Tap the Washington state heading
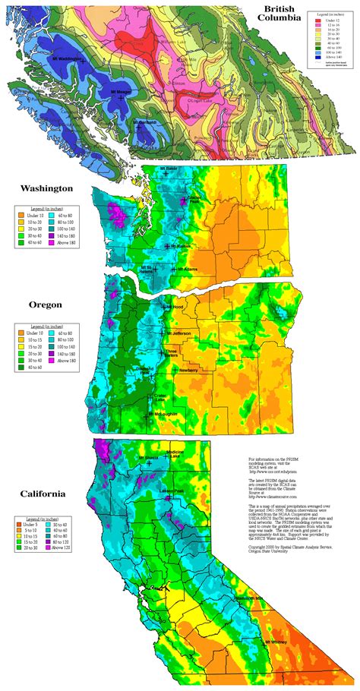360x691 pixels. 46,187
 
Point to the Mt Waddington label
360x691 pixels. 65,58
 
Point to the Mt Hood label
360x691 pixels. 172,307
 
